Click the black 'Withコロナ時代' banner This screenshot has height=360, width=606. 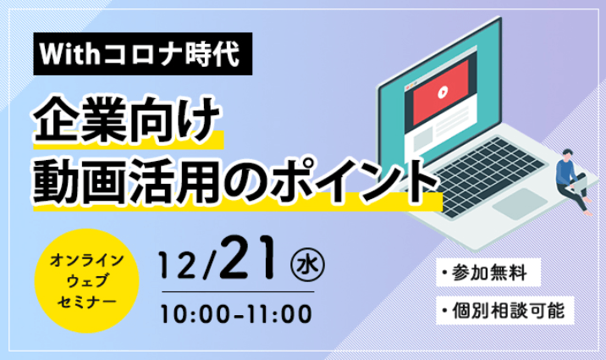click(142, 53)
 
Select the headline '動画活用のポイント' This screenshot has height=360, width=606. click(236, 181)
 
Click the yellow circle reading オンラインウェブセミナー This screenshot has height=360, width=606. click(86, 280)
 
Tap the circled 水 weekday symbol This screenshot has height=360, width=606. click(307, 264)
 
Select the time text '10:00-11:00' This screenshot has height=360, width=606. click(236, 313)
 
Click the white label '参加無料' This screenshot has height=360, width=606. click(488, 272)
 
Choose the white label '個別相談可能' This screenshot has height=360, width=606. click(504, 311)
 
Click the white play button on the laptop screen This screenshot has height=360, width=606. click(443, 93)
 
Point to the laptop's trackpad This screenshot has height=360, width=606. click(520, 203)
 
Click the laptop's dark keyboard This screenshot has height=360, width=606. click(488, 174)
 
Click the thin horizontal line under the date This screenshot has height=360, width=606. click(238, 292)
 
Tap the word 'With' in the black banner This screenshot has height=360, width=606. click(69, 54)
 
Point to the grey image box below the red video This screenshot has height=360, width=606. click(423, 138)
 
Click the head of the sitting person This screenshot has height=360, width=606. click(567, 153)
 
